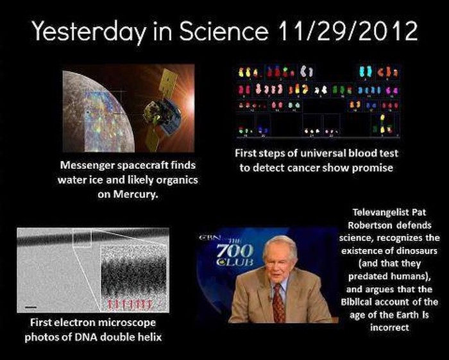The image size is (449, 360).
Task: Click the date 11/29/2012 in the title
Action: click(348, 31)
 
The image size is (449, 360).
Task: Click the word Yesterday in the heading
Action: click(89, 32)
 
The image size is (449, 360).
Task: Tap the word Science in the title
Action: click(224, 31)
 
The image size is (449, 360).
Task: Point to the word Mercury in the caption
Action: click(136, 194)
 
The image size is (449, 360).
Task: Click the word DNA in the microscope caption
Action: click(86, 337)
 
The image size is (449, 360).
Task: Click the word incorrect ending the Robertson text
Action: click(389, 328)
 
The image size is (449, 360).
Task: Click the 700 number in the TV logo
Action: click(235, 251)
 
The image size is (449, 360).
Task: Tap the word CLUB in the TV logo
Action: click(235, 262)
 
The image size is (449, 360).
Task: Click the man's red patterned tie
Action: click(278, 304)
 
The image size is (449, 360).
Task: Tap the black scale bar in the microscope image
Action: click(31, 307)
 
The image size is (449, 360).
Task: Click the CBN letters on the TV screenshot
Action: click(210, 237)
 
